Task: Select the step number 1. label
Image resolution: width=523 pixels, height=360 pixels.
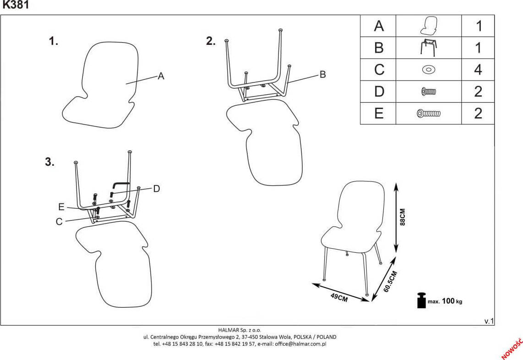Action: [x=54, y=42]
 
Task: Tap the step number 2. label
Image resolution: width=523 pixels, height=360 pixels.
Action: [x=211, y=41]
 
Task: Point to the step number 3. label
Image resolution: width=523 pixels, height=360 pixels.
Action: [x=49, y=162]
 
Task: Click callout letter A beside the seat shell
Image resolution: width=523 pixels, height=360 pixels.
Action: [x=161, y=76]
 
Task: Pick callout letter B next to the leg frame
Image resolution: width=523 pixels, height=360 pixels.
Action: [x=322, y=74]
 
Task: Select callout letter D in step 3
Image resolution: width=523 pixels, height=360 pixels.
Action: [x=156, y=189]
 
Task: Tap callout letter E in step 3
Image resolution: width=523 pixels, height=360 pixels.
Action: [x=61, y=207]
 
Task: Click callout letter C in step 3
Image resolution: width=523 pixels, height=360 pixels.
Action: [x=59, y=222]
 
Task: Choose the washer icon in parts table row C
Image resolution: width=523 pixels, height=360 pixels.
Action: [x=428, y=70]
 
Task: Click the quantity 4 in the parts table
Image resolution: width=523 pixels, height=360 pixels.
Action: [x=478, y=70]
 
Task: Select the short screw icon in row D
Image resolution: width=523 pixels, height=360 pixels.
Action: [x=428, y=92]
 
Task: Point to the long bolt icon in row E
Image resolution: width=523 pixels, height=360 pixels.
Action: [x=428, y=113]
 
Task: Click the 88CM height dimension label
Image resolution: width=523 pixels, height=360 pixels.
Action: [x=403, y=217]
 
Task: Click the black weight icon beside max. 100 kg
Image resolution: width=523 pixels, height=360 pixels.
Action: [x=421, y=300]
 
